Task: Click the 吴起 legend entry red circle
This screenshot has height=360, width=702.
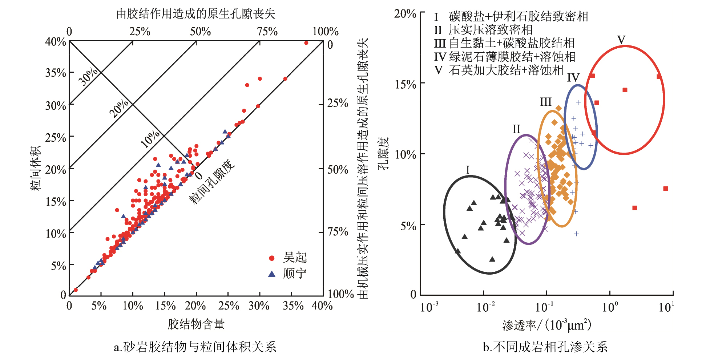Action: pos(271,258)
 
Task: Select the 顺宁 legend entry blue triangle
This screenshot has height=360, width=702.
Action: pos(271,274)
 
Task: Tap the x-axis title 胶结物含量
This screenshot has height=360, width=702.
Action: pos(196,324)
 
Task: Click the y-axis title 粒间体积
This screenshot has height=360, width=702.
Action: pos(36,168)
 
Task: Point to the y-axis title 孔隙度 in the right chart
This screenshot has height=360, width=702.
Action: pos(383,153)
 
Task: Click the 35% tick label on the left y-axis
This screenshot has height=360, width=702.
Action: pos(56,73)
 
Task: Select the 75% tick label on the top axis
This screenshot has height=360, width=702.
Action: pos(267,32)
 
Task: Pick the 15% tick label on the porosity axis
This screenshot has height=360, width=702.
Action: pos(405,84)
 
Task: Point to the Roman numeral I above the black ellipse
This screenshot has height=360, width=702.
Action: pos(468,170)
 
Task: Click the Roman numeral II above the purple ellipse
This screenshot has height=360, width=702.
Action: pos(516,129)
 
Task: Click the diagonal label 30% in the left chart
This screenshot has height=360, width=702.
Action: pos(88,77)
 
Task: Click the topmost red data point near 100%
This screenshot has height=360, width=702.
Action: pos(306,43)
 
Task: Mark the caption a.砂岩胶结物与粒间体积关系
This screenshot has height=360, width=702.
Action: pos(195,347)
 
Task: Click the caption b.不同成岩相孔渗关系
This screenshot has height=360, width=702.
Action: pos(545,347)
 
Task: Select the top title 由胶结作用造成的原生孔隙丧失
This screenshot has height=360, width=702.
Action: pos(196,14)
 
